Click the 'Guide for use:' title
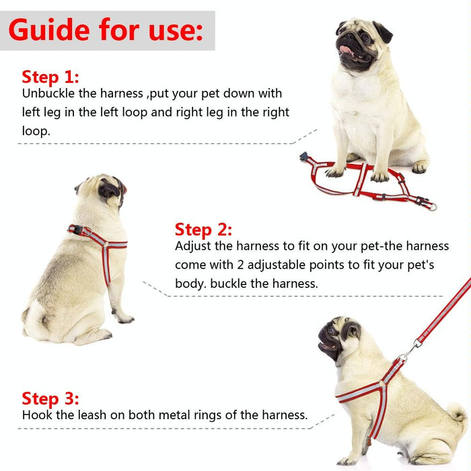pos(106,30)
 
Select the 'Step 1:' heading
pos(50,76)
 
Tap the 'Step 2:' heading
pos(203,229)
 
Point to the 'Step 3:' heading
pos(50,398)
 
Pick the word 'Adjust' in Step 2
pos(193,246)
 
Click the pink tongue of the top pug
pos(346,49)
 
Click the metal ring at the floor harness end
pos(431,206)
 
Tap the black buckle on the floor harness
pos(306,159)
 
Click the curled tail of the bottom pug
pos(458,412)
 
